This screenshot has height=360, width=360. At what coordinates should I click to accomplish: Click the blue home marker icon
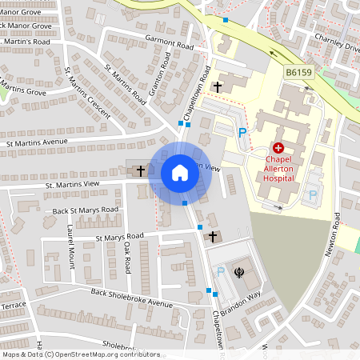[179, 173]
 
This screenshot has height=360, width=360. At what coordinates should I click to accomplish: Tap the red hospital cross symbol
[278, 148]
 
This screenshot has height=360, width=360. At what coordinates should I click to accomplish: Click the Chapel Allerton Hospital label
[279, 169]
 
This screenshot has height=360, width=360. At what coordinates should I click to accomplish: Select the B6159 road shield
[299, 72]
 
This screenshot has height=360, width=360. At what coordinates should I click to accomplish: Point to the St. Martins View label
[72, 185]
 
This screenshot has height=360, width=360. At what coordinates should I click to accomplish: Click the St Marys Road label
[119, 237]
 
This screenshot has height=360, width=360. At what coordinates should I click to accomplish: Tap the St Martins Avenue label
[47, 143]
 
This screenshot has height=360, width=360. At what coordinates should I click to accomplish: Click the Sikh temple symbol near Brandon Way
[238, 272]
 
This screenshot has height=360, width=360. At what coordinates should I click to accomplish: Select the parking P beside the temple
[220, 272]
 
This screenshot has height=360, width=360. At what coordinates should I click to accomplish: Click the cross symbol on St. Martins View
[141, 170]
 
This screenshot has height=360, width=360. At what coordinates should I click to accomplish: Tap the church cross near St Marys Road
[213, 237]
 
